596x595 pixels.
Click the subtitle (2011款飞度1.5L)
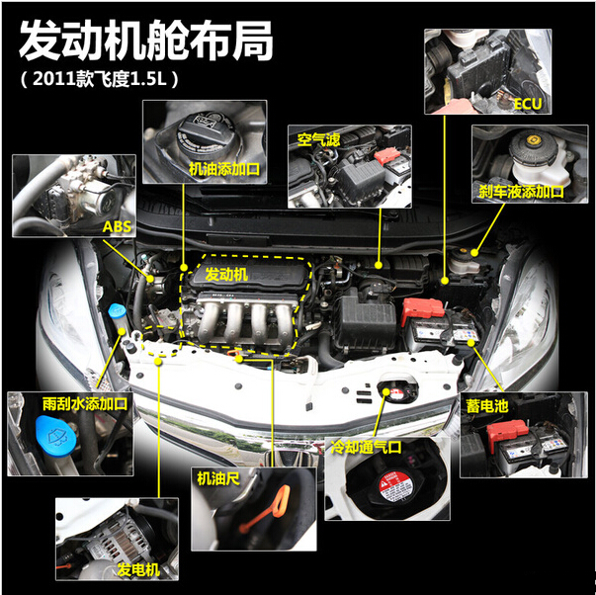[x=99, y=79]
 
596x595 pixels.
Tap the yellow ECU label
[x=528, y=104]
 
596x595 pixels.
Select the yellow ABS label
[x=117, y=226]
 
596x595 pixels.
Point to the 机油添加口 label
[x=224, y=169]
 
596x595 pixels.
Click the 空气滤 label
[x=318, y=140]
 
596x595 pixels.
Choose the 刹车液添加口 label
[x=521, y=192]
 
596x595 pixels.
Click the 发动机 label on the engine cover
[x=226, y=274]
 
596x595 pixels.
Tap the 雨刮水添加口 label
[x=85, y=404]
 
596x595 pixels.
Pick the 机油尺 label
[x=218, y=478]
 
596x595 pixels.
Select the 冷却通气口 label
[x=366, y=447]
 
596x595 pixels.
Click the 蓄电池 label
[x=487, y=406]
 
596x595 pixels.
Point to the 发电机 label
[x=138, y=569]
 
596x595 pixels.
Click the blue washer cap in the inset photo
[x=55, y=435]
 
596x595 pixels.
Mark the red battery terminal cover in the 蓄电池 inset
[x=507, y=432]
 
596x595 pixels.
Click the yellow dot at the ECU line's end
[x=445, y=281]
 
